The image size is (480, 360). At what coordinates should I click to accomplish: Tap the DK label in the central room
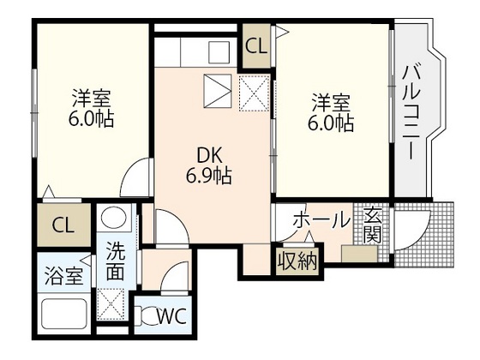pos(210,156)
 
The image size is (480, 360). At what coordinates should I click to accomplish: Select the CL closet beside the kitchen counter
pos(255,46)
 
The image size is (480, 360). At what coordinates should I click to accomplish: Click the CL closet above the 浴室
pos(62,226)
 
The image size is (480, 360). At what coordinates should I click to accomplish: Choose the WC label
pos(172,316)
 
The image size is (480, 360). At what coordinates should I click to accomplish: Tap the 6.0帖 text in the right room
pos(331,123)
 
